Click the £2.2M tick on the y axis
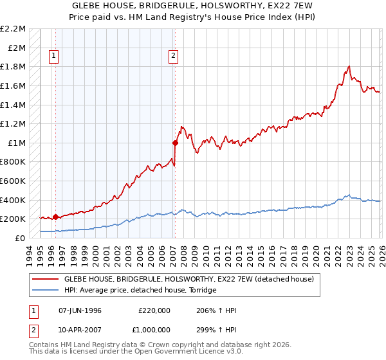click(14, 29)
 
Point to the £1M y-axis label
click(17, 143)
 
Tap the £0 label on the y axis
click(21, 238)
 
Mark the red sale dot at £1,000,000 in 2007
click(175, 143)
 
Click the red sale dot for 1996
click(55, 217)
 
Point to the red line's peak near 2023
click(348, 66)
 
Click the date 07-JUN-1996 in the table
click(80, 310)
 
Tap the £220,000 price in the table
click(154, 310)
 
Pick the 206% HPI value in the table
click(216, 310)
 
